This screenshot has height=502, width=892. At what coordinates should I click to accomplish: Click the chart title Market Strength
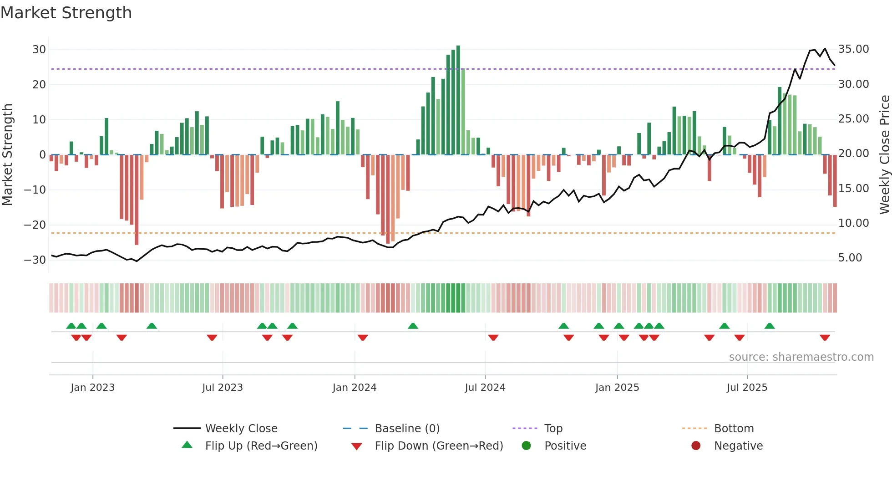(x=66, y=13)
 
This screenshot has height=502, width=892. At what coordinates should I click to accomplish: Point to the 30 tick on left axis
(x=39, y=49)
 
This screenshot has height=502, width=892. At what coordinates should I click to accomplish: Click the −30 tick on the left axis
(x=35, y=260)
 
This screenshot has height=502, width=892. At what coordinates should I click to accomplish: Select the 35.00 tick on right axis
(x=853, y=49)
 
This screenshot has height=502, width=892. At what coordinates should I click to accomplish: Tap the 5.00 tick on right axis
(x=850, y=258)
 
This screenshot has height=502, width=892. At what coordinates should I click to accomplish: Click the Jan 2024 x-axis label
(x=355, y=388)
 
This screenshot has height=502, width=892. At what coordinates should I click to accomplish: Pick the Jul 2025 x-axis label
(x=747, y=388)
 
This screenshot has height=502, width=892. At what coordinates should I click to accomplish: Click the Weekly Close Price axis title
(x=884, y=155)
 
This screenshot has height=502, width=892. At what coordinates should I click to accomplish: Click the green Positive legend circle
(x=527, y=446)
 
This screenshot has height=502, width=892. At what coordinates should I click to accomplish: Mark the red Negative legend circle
(x=696, y=446)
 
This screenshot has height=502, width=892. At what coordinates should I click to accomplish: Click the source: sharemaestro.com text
(x=801, y=357)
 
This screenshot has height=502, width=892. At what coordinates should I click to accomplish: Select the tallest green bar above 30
(x=458, y=100)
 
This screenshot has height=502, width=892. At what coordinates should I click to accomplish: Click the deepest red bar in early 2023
(x=137, y=200)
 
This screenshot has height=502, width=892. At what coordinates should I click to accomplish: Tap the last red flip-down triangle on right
(x=825, y=338)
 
